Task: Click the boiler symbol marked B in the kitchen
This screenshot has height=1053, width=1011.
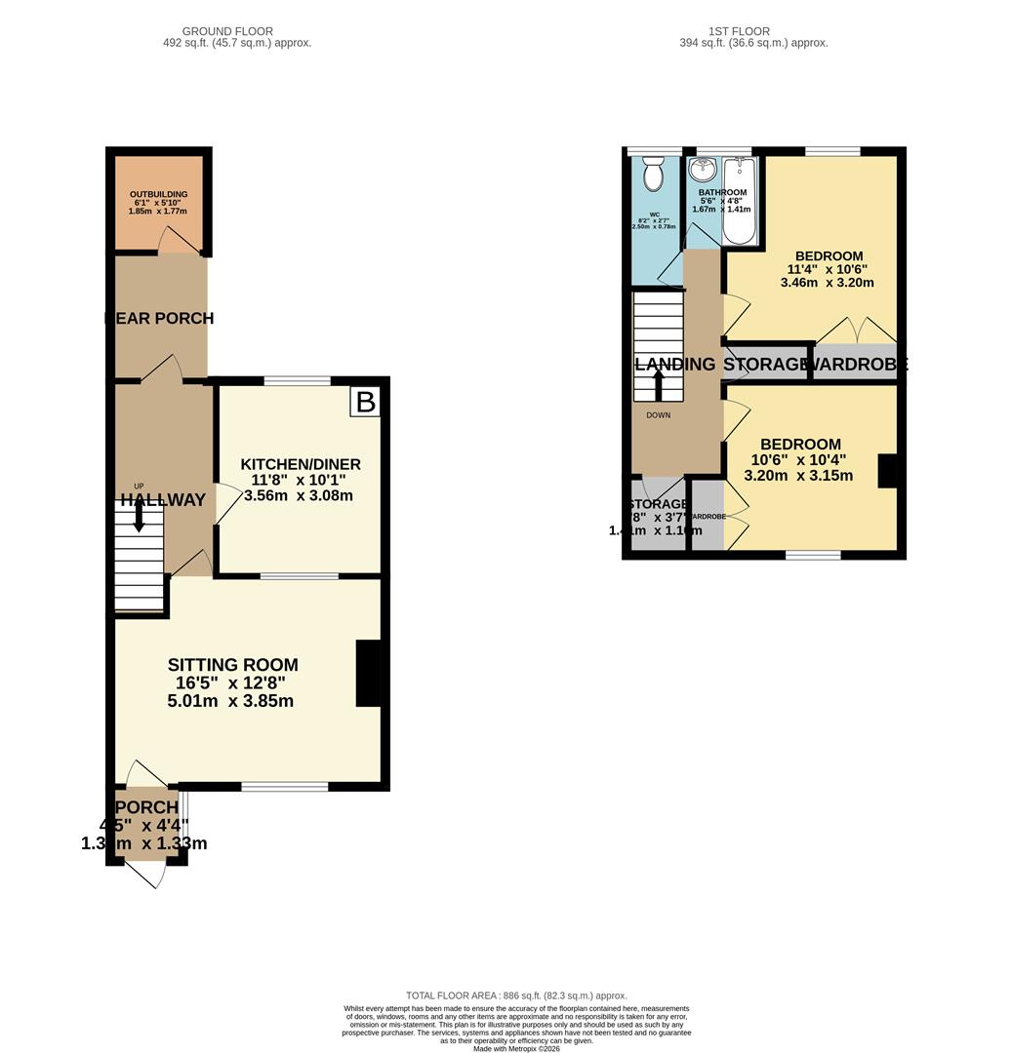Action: (365, 402)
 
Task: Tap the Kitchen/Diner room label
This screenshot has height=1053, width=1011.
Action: (301, 464)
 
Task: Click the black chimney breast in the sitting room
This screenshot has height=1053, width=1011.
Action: (368, 673)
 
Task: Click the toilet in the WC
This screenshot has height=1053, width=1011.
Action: (653, 175)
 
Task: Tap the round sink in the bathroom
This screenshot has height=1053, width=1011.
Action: (702, 172)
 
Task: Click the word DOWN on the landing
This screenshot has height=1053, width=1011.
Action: (658, 415)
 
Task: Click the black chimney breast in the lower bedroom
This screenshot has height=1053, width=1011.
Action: (887, 470)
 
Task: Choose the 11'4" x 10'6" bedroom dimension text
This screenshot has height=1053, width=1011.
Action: (827, 269)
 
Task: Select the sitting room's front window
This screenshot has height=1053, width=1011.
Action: (285, 786)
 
